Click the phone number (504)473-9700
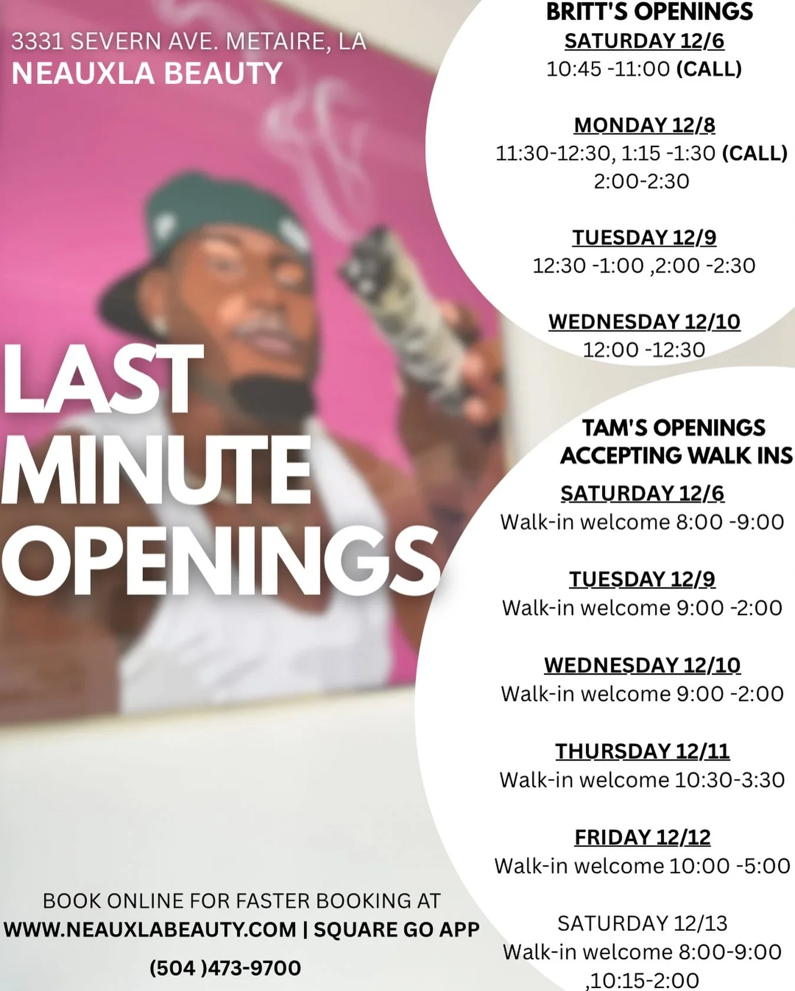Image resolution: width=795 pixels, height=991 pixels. pyautogui.click(x=225, y=968)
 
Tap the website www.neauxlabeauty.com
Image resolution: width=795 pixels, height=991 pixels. pyautogui.click(x=150, y=930)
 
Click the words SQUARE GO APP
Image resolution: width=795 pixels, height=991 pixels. pyautogui.click(x=396, y=930)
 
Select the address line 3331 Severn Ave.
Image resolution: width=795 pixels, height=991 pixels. pyautogui.click(x=188, y=41)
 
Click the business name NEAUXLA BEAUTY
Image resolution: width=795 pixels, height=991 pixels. pyautogui.click(x=147, y=74)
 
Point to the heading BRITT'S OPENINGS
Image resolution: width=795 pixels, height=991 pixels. pyautogui.click(x=649, y=12)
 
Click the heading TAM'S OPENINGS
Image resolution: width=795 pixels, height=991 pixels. pyautogui.click(x=673, y=427)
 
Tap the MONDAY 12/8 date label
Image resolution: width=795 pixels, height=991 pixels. pyautogui.click(x=644, y=125)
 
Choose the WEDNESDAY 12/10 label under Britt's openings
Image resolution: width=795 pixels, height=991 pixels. pyautogui.click(x=644, y=322)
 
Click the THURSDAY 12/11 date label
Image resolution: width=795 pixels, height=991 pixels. pyautogui.click(x=642, y=751)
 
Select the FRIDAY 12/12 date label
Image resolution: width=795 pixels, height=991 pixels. pyautogui.click(x=642, y=837)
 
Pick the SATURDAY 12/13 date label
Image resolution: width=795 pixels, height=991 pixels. pyautogui.click(x=642, y=923)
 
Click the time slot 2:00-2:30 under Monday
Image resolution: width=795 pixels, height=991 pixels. pyautogui.click(x=642, y=181)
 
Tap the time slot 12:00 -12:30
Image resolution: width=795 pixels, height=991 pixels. pyautogui.click(x=644, y=350)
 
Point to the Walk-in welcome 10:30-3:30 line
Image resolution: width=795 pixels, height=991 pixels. pyautogui.click(x=642, y=780)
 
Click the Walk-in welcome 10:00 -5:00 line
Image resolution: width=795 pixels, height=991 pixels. pyautogui.click(x=642, y=866)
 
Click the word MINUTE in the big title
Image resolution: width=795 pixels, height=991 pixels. pyautogui.click(x=156, y=469)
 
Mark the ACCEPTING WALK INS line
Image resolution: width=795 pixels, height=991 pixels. pyautogui.click(x=676, y=456)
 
